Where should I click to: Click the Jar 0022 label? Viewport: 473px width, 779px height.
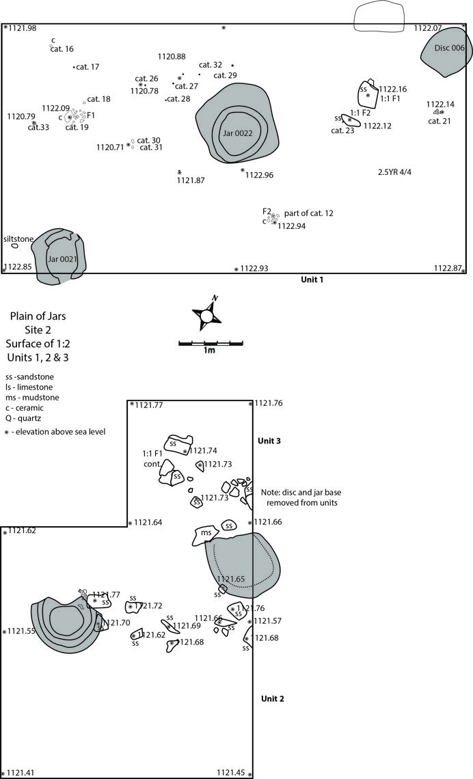tap(237, 133)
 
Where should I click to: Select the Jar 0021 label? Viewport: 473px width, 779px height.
tap(62, 259)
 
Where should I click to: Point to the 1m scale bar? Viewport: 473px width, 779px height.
tap(211, 343)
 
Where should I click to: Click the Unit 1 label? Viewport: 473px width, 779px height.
tap(312, 279)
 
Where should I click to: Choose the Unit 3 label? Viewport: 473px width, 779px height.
tap(269, 441)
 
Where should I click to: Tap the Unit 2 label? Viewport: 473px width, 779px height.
tap(273, 698)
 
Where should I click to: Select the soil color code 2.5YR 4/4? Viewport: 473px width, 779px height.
tap(395, 172)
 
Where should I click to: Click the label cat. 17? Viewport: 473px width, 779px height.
tap(87, 67)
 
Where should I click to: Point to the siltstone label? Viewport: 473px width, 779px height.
tap(18, 239)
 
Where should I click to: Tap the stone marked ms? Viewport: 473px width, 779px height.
tap(206, 534)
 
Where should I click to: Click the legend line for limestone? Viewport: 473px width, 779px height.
tap(29, 387)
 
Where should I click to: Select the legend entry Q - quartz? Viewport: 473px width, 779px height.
tap(23, 418)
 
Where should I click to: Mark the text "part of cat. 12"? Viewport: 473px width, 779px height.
tap(308, 213)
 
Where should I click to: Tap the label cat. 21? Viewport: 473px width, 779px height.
tap(440, 121)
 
